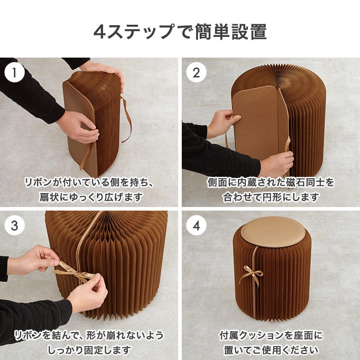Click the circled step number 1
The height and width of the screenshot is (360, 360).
tap(14, 72)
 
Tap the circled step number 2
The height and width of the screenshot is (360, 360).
tap(196, 72)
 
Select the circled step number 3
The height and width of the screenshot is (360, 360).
tap(14, 225)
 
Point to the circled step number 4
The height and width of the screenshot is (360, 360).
tap(196, 225)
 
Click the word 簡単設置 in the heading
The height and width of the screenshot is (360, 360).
tap(231, 31)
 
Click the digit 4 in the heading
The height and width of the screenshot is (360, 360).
tap(99, 32)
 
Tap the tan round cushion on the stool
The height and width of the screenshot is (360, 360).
tap(273, 232)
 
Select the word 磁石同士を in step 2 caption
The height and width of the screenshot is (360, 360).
tap(310, 183)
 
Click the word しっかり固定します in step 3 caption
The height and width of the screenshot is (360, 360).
tap(89, 351)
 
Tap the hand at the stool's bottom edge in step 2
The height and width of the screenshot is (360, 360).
tap(275, 163)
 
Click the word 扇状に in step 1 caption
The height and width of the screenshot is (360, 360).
tap(54, 198)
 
